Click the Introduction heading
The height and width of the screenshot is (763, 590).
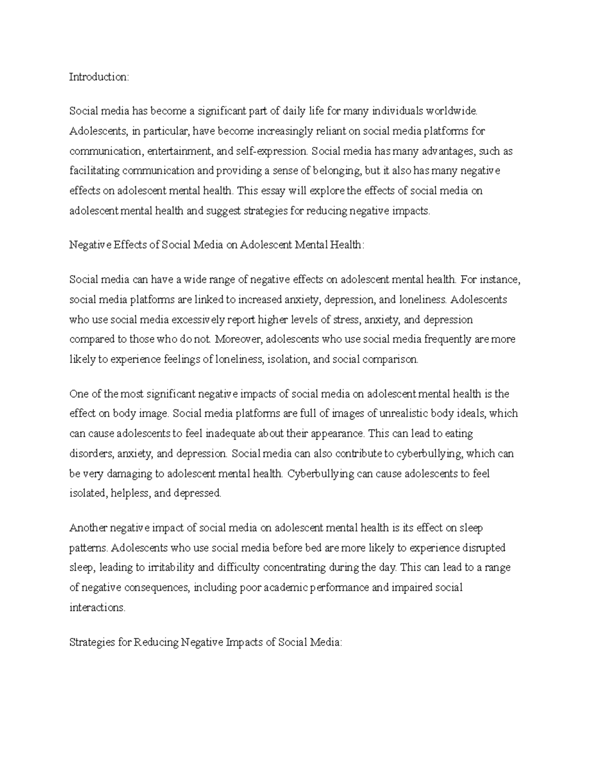(x=99, y=77)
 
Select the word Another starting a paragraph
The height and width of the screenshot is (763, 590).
(x=88, y=528)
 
